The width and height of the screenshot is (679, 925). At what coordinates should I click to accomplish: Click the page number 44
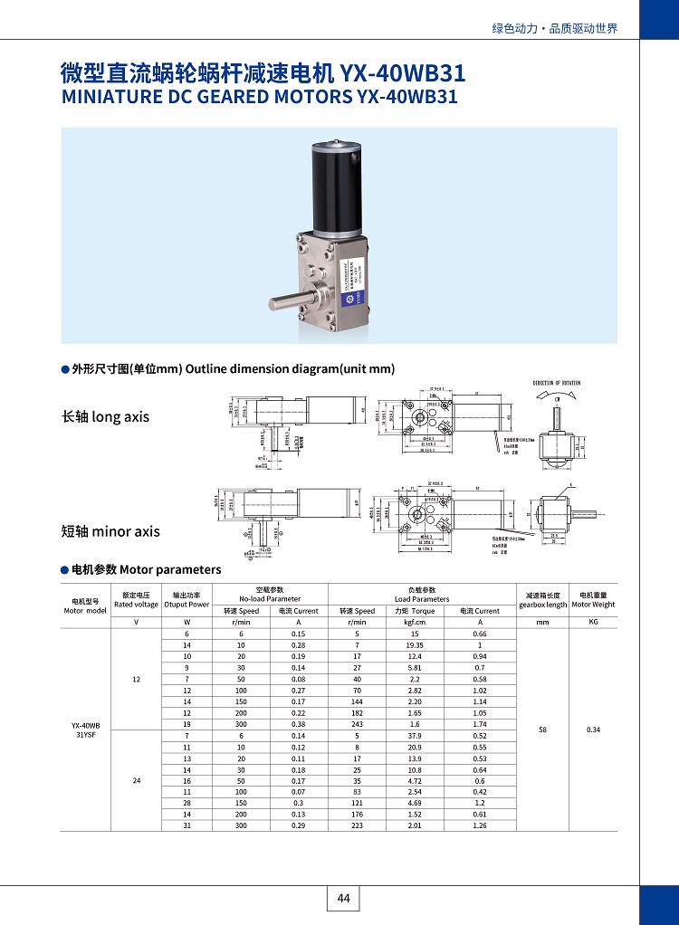pyautogui.click(x=343, y=898)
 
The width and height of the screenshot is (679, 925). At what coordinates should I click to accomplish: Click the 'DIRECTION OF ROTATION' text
pyautogui.click(x=557, y=383)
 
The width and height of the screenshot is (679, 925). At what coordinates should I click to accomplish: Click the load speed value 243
pyautogui.click(x=358, y=724)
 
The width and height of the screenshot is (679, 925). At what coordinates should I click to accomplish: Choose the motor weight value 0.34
pyautogui.click(x=593, y=729)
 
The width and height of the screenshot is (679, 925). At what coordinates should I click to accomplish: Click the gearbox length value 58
pyautogui.click(x=542, y=729)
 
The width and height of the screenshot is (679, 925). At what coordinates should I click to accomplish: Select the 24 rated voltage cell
pyautogui.click(x=136, y=780)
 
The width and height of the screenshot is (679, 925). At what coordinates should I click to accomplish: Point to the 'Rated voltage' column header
pyautogui.click(x=136, y=604)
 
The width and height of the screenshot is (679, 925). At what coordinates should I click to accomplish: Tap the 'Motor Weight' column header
pyautogui.click(x=593, y=604)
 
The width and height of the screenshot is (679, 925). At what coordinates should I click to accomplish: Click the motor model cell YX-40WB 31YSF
pyautogui.click(x=86, y=730)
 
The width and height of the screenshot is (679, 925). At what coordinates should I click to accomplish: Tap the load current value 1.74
pyautogui.click(x=479, y=724)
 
